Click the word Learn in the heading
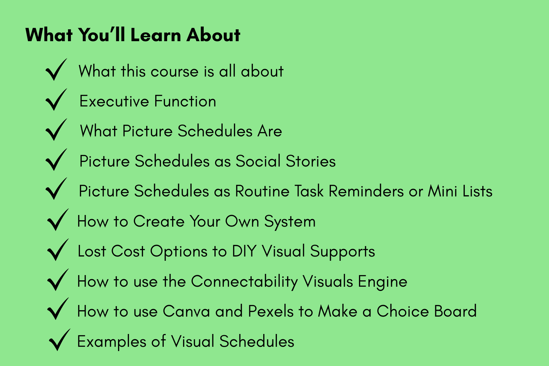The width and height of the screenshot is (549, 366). (156, 35)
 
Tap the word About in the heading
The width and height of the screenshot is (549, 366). (213, 35)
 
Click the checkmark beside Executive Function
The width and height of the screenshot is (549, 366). (56, 99)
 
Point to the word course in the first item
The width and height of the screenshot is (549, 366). (175, 71)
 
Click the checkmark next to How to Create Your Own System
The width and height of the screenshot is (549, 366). (58, 220)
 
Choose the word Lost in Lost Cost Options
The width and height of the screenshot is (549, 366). (92, 251)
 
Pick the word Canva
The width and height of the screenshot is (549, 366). (186, 311)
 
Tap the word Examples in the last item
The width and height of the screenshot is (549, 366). (112, 342)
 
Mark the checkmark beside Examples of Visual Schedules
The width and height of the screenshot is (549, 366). (59, 340)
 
